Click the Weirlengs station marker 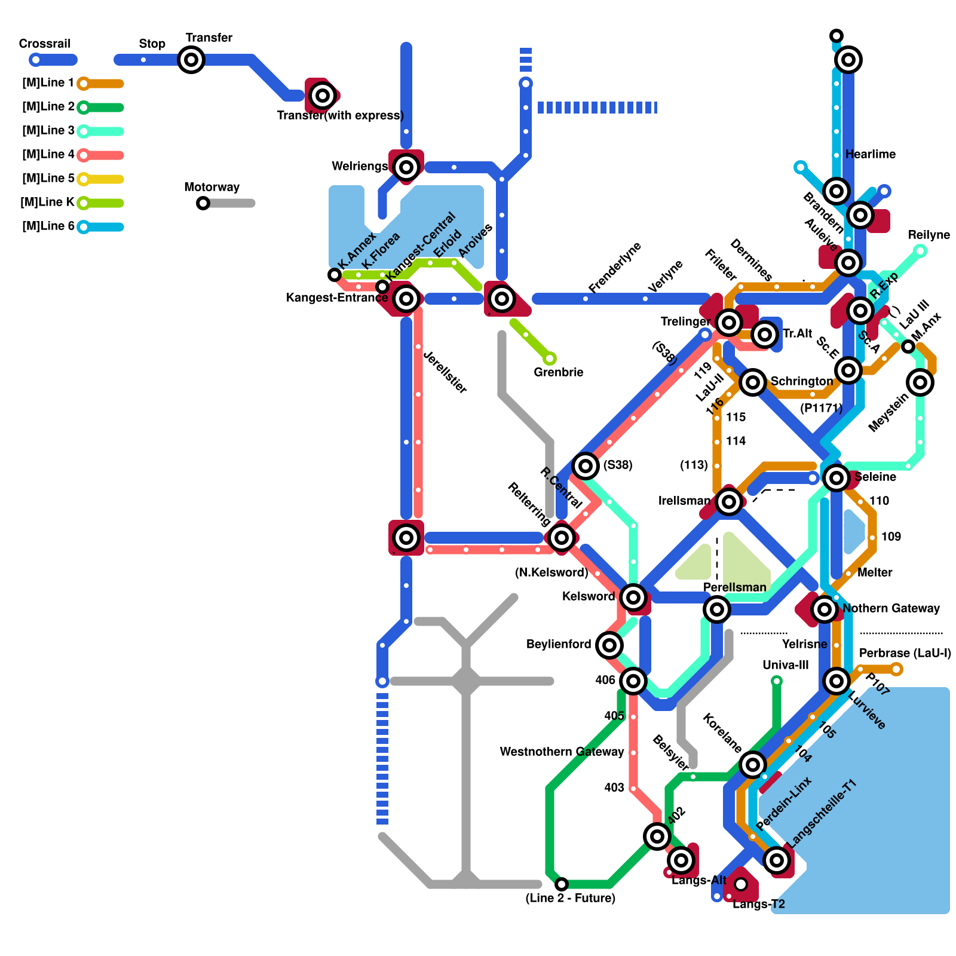406,167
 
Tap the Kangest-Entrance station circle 406,298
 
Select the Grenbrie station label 558,372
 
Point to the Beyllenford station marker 609,645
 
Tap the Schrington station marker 753,382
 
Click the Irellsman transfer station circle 729,501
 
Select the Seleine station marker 836,477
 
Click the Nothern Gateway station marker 825,609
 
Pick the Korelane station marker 753,764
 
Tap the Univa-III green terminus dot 777,681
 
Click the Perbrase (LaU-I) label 905,653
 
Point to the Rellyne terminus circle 921,251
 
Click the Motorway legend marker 203,203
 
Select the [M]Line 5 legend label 48,179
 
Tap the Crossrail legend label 45,44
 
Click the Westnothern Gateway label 562,752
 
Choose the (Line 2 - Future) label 570,898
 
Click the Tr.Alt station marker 765,334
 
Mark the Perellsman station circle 717,609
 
